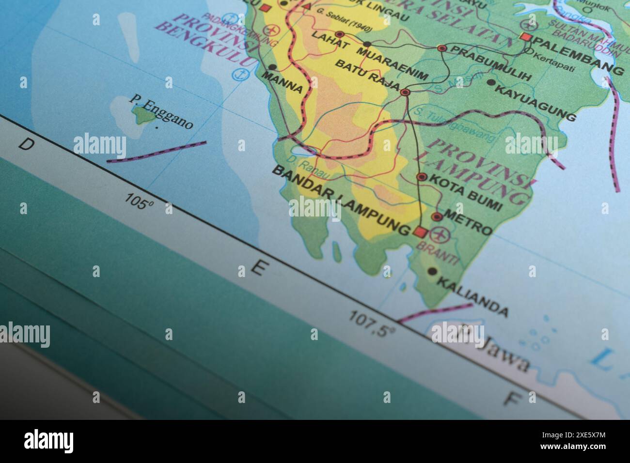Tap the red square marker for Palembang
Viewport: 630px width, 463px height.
click(525, 37)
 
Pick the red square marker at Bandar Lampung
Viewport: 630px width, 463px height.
click(419, 232)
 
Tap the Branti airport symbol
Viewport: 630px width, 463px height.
click(440, 236)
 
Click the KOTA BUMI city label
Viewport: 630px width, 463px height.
click(466, 192)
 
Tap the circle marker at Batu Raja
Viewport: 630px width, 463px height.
click(406, 92)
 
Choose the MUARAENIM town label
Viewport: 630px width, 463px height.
click(395, 62)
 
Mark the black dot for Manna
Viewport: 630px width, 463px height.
click(272, 67)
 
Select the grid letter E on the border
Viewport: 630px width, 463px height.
click(259, 268)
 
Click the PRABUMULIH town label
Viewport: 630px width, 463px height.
click(490, 62)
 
